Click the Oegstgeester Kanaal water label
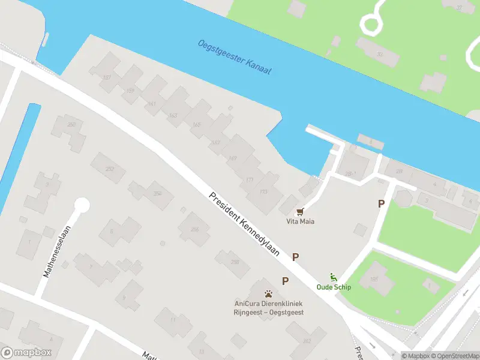pos(235,57)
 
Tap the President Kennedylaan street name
pos(245,224)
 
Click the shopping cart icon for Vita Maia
pos(300,211)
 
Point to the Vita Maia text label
pos(300,221)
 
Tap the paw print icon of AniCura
pos(269,293)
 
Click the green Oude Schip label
pos(334,287)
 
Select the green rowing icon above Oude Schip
pos(334,277)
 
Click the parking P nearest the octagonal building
pos(381,204)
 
